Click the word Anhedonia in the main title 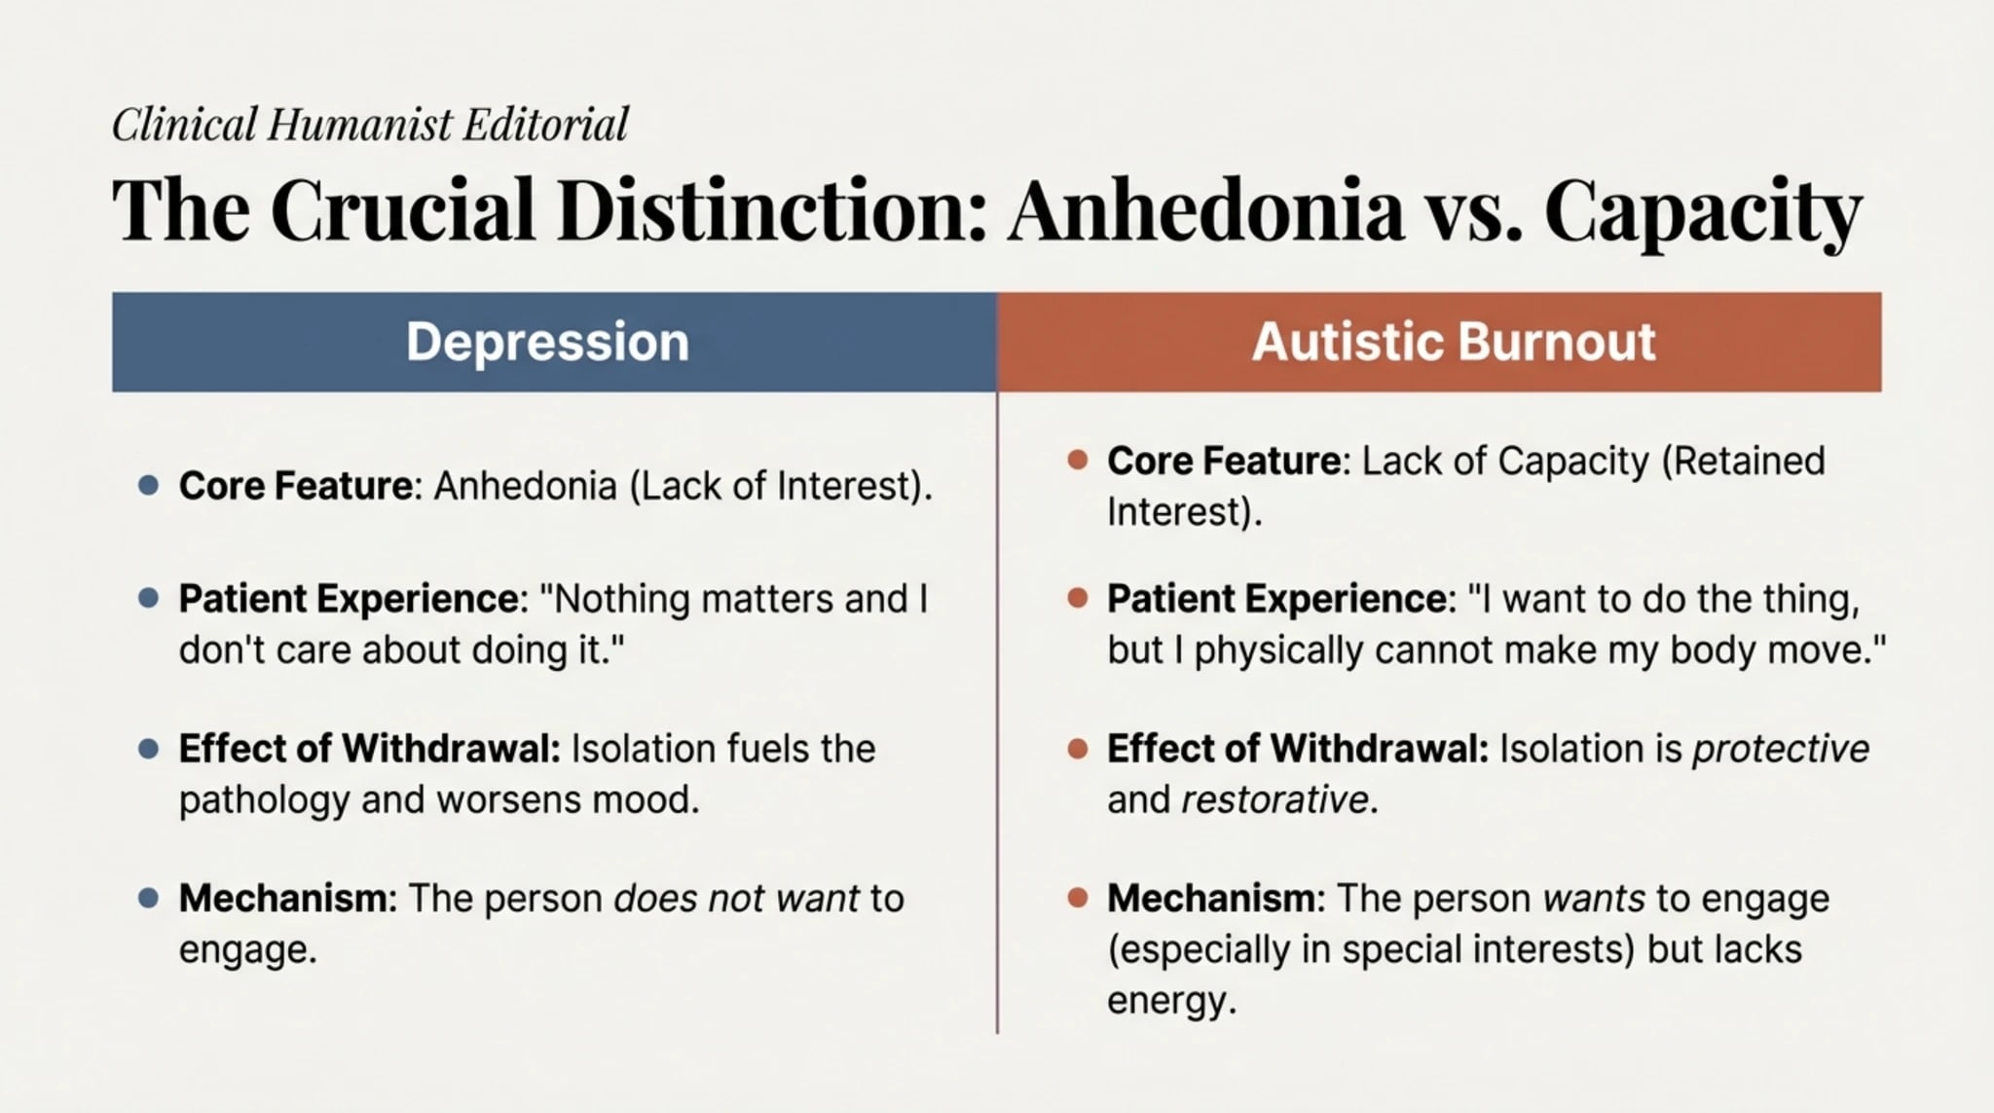coord(1204,210)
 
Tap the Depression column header coord(547,343)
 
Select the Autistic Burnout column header coord(1453,343)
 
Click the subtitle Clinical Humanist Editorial coord(370,126)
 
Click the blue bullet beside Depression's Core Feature coord(149,485)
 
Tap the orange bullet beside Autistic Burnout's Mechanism coord(1077,898)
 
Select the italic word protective coord(1780,749)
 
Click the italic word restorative coord(1274,800)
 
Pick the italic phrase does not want coord(736,899)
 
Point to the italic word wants coord(1594,899)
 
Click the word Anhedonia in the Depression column coord(525,486)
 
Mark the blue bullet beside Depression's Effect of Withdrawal coord(149,748)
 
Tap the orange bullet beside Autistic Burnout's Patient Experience coord(1077,598)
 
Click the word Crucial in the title coord(402,210)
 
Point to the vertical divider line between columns coord(997,711)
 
